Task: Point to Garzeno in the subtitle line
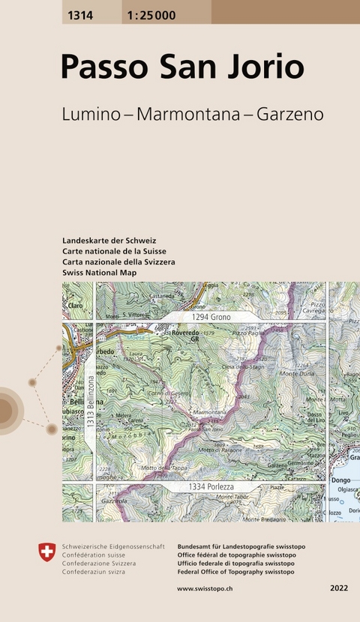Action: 289,115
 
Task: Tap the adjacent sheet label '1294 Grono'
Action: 211,317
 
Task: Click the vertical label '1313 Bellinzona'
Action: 90,402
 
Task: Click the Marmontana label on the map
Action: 209,412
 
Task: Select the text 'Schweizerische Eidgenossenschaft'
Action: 113,547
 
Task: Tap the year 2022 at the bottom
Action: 339,589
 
